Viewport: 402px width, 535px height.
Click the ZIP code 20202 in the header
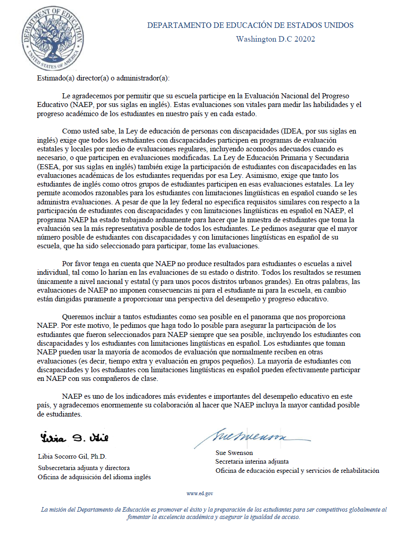click(305, 39)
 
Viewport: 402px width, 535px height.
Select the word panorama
click(257, 316)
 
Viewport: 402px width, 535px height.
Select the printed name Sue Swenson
click(234, 453)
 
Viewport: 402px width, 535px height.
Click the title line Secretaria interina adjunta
click(252, 462)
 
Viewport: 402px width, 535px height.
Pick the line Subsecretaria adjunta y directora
click(84, 468)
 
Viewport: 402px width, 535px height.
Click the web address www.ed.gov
click(200, 493)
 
